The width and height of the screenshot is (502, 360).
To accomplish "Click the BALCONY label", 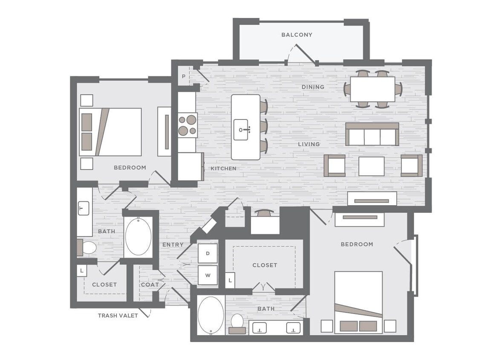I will click(297, 35).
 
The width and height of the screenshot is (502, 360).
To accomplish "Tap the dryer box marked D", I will click(208, 253).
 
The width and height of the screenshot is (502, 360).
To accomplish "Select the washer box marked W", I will click(208, 275).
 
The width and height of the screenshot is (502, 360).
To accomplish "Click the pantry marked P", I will click(183, 77).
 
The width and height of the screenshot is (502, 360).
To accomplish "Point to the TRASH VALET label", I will click(118, 316).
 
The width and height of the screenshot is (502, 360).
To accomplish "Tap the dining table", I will click(372, 89).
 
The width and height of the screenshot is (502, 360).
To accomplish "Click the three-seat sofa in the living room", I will click(372, 134).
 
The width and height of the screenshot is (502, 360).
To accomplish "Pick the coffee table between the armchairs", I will click(371, 166).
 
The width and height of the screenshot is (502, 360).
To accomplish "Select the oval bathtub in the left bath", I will click(138, 237).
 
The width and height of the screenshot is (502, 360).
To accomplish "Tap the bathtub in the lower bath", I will click(211, 316).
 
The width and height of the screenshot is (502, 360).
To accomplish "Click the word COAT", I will click(150, 285).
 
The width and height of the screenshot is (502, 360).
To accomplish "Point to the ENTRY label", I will click(173, 244).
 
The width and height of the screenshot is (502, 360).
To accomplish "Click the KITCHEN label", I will click(223, 168).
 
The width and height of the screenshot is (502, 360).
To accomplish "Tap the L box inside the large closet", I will click(230, 280).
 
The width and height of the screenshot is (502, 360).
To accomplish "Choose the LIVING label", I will click(309, 144).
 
